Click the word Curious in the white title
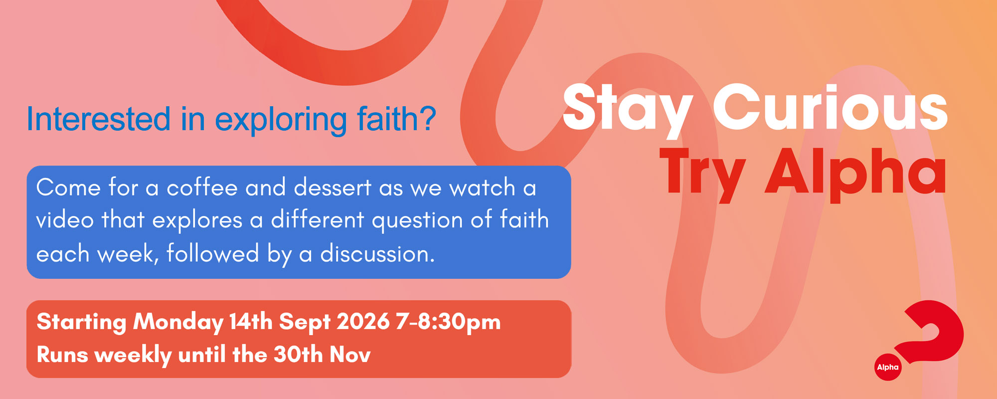831,107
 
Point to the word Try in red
702,175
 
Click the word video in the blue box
65,219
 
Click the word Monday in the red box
178,322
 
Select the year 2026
363,321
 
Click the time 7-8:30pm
448,322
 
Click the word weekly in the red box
133,356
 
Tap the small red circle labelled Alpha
888,367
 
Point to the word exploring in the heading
281,120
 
